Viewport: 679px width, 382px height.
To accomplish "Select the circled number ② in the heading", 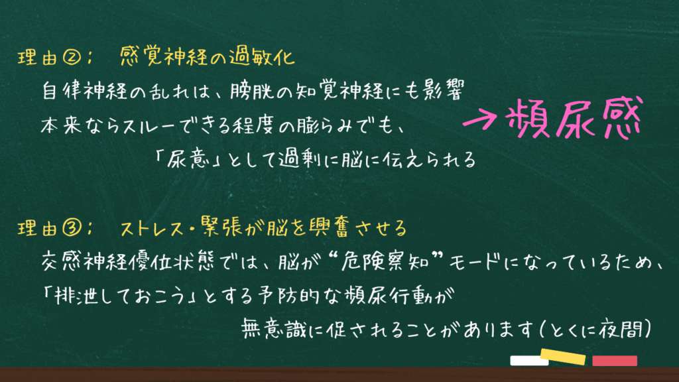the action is pyautogui.click(x=72, y=57).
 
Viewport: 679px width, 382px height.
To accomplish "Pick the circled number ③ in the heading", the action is pyautogui.click(x=72, y=228).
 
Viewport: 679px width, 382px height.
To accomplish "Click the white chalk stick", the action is pyautogui.click(x=529, y=361).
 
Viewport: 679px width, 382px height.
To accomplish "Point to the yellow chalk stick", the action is pyautogui.click(x=563, y=356).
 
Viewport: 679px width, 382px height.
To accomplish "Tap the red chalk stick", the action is pyautogui.click(x=615, y=361).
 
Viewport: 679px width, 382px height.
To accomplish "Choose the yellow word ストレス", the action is pyautogui.click(x=153, y=228).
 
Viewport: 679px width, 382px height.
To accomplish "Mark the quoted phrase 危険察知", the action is pyautogui.click(x=385, y=261).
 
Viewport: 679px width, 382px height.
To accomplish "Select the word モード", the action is pyautogui.click(x=474, y=262).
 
